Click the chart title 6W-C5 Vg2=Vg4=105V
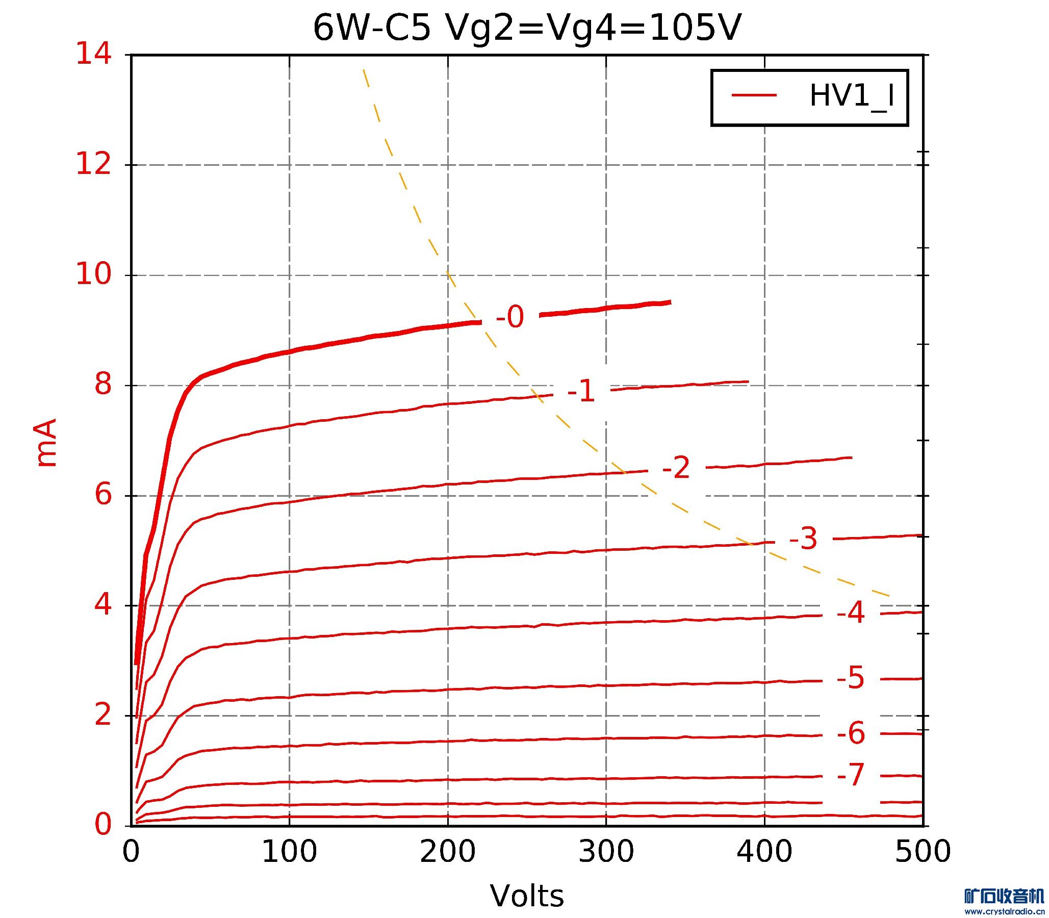[x=527, y=28]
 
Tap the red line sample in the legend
[x=754, y=95]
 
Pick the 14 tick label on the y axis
[x=93, y=54]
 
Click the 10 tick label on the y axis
[x=93, y=274]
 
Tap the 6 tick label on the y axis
[x=103, y=495]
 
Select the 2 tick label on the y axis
[x=103, y=716]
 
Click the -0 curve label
[x=510, y=317]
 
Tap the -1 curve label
[x=581, y=392]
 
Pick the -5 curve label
[x=851, y=678]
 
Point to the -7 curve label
[x=851, y=775]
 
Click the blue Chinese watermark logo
[x=1004, y=896]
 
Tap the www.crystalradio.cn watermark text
[x=1004, y=911]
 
